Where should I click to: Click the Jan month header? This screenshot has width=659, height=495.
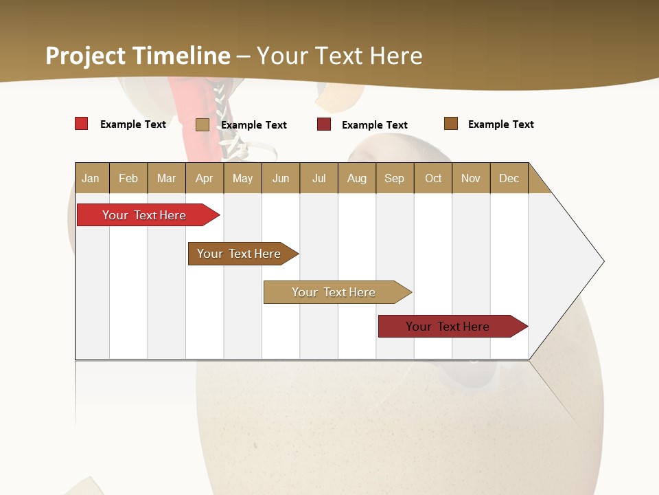point(91,178)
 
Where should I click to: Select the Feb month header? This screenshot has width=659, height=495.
point(128,178)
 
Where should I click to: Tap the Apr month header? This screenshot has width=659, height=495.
point(204,178)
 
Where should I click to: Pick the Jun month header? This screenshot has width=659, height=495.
point(281,178)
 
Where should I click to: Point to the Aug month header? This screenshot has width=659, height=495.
point(356,178)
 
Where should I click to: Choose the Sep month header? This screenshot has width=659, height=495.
point(394,178)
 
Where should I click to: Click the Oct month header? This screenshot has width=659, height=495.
point(433,178)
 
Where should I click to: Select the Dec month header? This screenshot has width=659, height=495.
point(509,178)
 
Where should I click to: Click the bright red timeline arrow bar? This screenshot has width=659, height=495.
point(144,215)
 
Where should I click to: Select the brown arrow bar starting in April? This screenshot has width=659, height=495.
point(239,254)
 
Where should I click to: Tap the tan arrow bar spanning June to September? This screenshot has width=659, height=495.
point(334,292)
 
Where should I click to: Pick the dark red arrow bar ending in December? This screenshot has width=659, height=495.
point(448,327)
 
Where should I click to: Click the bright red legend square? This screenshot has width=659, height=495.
point(81,124)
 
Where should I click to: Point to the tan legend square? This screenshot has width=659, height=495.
point(202,124)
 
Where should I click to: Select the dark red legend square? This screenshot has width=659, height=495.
point(324,124)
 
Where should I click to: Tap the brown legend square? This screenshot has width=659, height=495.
point(450,124)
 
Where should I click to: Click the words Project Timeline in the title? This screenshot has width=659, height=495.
point(137,56)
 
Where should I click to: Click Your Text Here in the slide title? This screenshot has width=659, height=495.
point(339,56)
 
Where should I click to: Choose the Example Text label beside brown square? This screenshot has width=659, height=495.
point(500,124)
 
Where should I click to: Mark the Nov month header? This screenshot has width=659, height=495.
point(471,178)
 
